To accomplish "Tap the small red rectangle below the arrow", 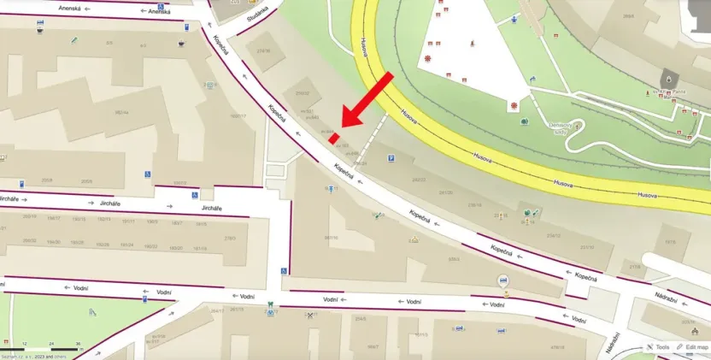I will point(334,137).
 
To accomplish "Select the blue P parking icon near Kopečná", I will point(391,158).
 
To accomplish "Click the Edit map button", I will point(691,347).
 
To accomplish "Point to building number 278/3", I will point(229,239).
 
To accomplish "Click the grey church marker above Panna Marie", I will point(667,77).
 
